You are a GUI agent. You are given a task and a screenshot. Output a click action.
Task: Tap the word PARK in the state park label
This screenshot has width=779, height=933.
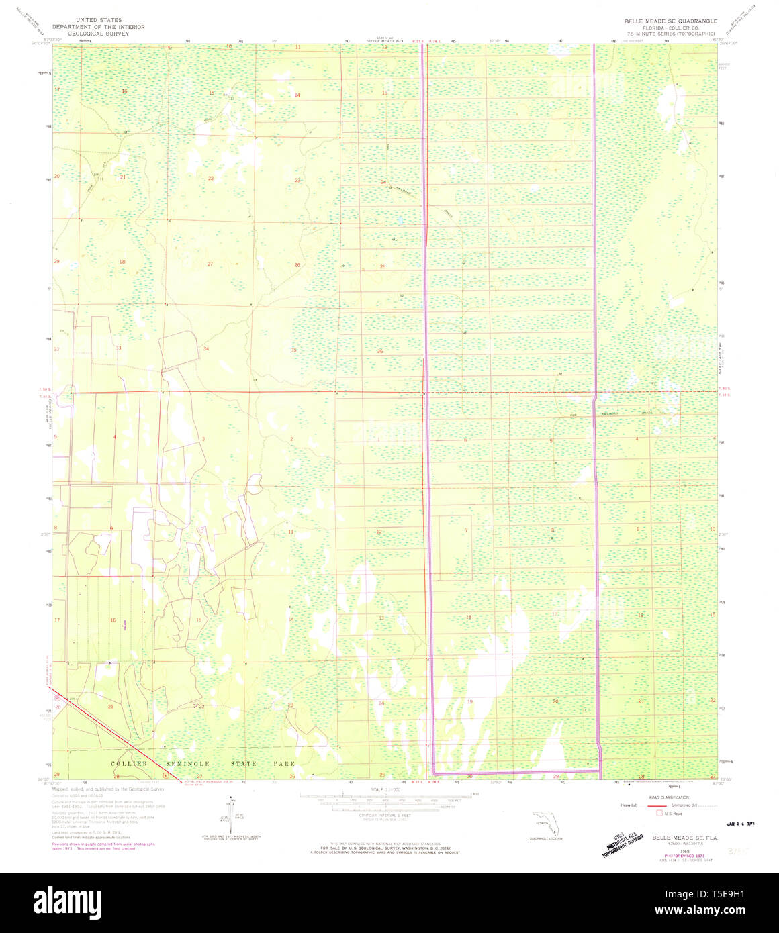coord(284,764)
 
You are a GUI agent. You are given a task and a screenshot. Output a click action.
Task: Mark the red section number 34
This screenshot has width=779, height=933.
coord(206,348)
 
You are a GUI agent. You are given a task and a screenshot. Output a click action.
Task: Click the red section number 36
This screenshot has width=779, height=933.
coord(380,351)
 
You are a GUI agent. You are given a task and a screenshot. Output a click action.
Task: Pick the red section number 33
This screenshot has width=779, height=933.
coord(119,348)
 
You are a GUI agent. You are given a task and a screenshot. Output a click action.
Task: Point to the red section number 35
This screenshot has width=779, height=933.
coord(294,350)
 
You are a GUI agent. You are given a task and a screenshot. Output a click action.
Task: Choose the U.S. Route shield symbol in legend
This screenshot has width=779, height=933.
coord(659,813)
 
